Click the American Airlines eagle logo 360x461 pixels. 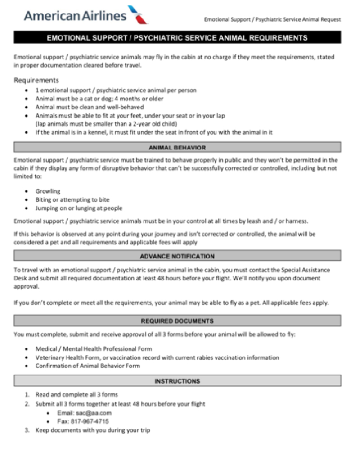pos(138,14)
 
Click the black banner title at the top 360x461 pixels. pos(177,38)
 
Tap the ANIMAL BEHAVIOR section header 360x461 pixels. pos(177,147)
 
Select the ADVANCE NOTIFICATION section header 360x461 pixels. pos(177,256)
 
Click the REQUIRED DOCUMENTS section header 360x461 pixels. pos(177,321)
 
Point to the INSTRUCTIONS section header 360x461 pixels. pos(177,381)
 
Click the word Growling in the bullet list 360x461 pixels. pos(48,191)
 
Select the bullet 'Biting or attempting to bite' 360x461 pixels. pos(72,199)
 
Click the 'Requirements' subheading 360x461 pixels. pos(36,81)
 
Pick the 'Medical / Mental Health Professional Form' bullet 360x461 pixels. pos(94,349)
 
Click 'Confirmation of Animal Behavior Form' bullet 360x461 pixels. pos(88,366)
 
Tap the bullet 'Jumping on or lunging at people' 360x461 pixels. pos(79,208)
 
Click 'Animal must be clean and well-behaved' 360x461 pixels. pos(90,107)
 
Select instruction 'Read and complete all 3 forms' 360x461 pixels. pos(76,395)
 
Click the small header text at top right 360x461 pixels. pos(272,19)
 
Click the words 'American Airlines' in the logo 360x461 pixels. pos(75,16)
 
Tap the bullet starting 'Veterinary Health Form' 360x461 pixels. pos(157,357)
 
